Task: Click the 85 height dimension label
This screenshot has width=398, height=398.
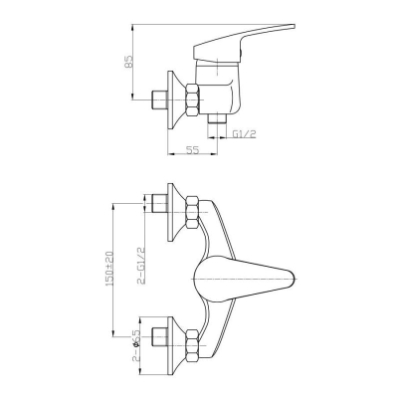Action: pyautogui.click(x=128, y=62)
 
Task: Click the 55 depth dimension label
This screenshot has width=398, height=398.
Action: pyautogui.click(x=192, y=150)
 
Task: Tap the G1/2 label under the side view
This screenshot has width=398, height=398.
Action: pyautogui.click(x=244, y=134)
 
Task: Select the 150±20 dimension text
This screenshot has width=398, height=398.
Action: pyautogui.click(x=110, y=269)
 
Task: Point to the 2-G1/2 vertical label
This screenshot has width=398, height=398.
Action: pyautogui.click(x=141, y=266)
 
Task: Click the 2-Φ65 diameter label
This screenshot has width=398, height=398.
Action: pyautogui.click(x=135, y=345)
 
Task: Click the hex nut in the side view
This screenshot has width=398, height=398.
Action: pyautogui.click(x=193, y=100)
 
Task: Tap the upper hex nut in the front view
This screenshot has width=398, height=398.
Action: pyautogui.click(x=193, y=212)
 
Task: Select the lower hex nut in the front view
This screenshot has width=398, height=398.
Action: pyautogui.click(x=193, y=346)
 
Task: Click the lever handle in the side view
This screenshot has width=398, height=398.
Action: pyautogui.click(x=244, y=43)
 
